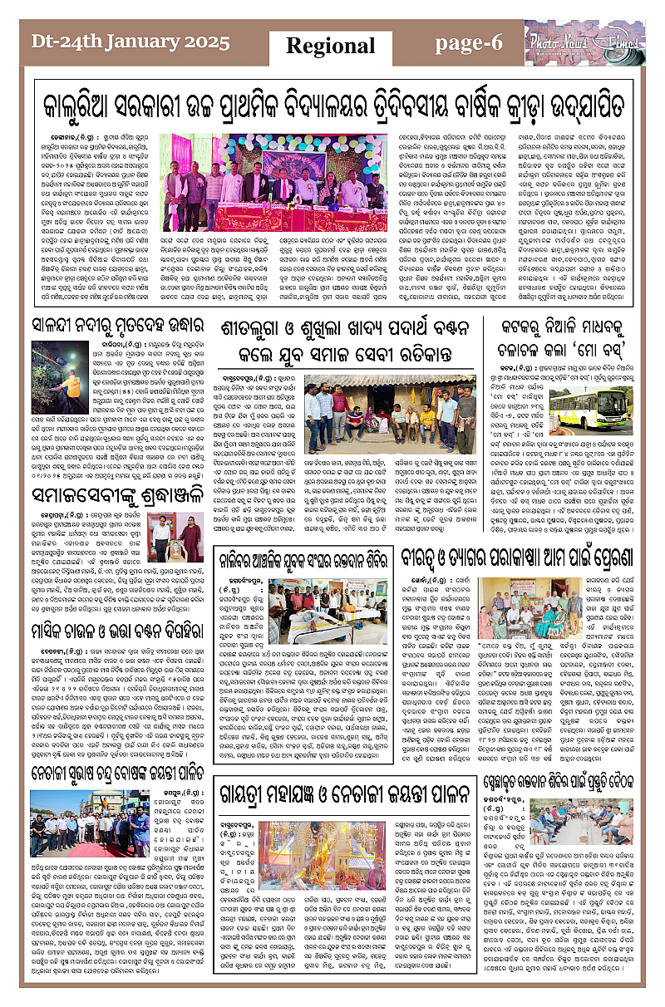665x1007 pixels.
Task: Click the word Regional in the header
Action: [x=331, y=45]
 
